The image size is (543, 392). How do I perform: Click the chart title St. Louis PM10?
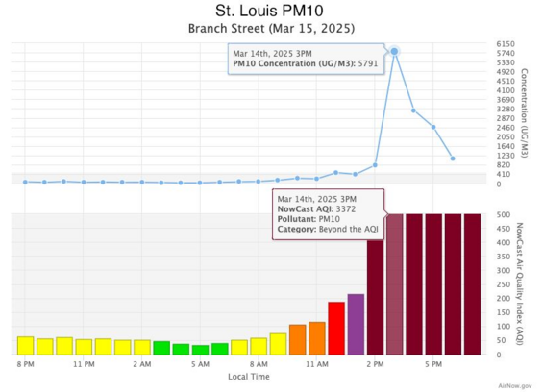(x=271, y=11)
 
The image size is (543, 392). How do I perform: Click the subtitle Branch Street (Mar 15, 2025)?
(x=271, y=29)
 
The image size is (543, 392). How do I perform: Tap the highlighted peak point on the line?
(x=394, y=51)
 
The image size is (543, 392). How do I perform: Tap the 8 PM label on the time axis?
(x=26, y=365)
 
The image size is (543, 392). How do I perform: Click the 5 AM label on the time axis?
(x=200, y=365)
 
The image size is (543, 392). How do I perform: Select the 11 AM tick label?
(x=316, y=365)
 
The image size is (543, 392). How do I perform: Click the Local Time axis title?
(x=249, y=377)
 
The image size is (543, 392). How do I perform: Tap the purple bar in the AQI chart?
(x=356, y=324)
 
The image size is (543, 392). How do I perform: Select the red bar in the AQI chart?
(x=336, y=328)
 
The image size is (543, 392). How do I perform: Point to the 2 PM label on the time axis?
(x=375, y=365)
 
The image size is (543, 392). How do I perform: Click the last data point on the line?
(x=453, y=159)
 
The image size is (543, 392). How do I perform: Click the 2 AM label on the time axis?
(x=142, y=365)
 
